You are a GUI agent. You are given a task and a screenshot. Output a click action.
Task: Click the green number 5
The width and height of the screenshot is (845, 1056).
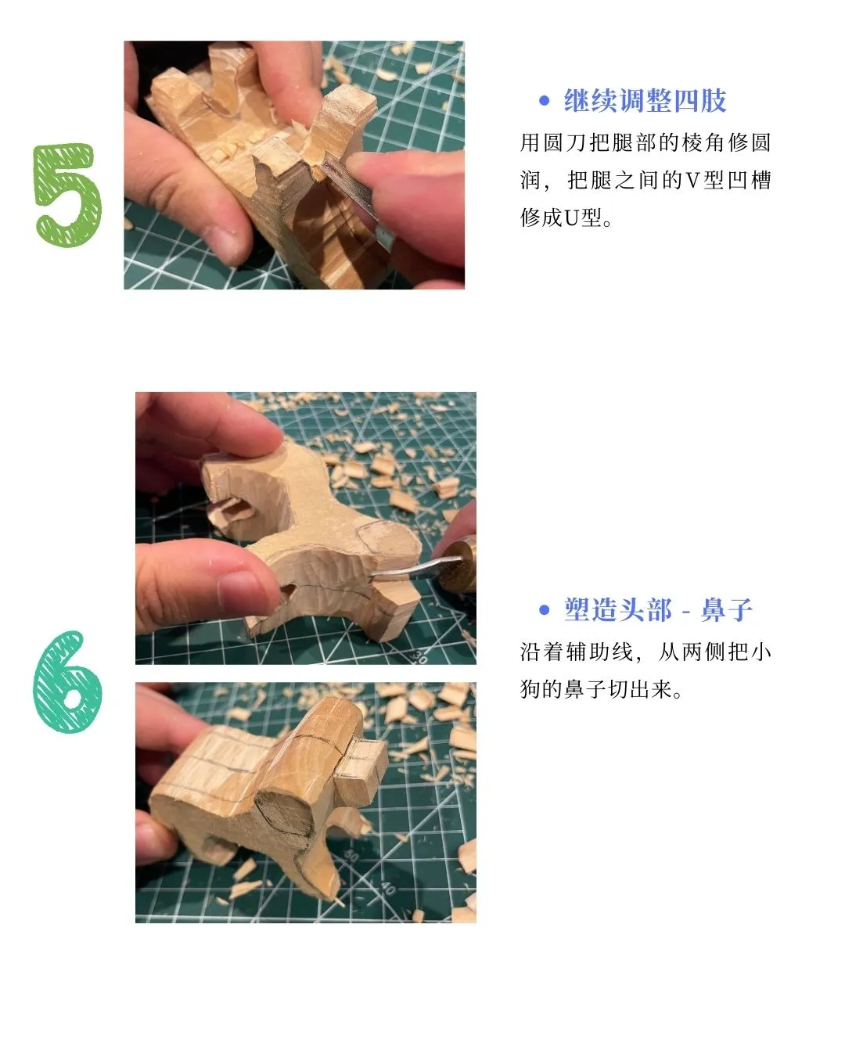(x=68, y=196)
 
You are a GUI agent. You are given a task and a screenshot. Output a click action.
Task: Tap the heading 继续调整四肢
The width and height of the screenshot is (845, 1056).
(x=645, y=101)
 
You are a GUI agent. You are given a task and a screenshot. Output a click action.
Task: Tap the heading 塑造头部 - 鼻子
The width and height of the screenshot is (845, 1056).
(x=657, y=610)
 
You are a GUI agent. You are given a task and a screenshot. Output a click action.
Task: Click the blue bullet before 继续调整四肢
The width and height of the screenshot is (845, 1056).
(x=545, y=101)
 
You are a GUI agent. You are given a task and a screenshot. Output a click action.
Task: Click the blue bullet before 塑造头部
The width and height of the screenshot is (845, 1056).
(x=545, y=610)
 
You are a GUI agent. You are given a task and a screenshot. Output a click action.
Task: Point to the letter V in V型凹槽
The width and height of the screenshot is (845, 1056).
(x=692, y=181)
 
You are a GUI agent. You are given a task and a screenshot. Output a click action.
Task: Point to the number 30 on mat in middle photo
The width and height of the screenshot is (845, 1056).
(x=420, y=656)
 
